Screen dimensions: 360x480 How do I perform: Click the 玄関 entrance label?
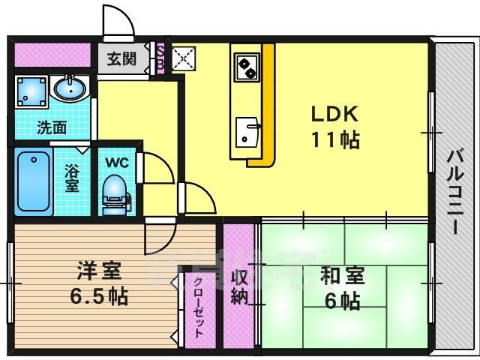121,58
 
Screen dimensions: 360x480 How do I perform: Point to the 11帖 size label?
335,139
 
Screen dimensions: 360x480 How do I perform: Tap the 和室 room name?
343,276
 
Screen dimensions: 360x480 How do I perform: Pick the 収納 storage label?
239,285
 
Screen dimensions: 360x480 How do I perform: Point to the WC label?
116,161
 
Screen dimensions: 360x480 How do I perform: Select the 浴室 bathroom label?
72,177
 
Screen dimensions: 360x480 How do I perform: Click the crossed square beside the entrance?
181,58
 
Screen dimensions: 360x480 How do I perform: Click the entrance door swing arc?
118,21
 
